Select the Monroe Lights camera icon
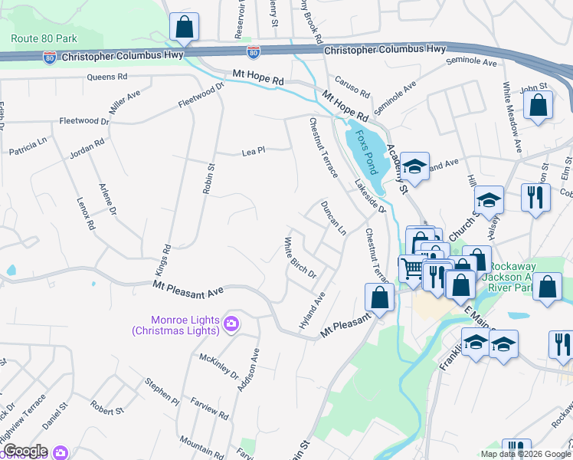(231, 325)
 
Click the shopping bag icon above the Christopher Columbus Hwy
(184, 28)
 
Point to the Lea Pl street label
(253, 152)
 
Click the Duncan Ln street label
(333, 218)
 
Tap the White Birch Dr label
(300, 258)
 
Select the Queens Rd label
(106, 77)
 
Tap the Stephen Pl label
(162, 390)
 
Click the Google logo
(25, 451)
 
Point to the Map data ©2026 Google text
(526, 454)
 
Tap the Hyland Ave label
(313, 310)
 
